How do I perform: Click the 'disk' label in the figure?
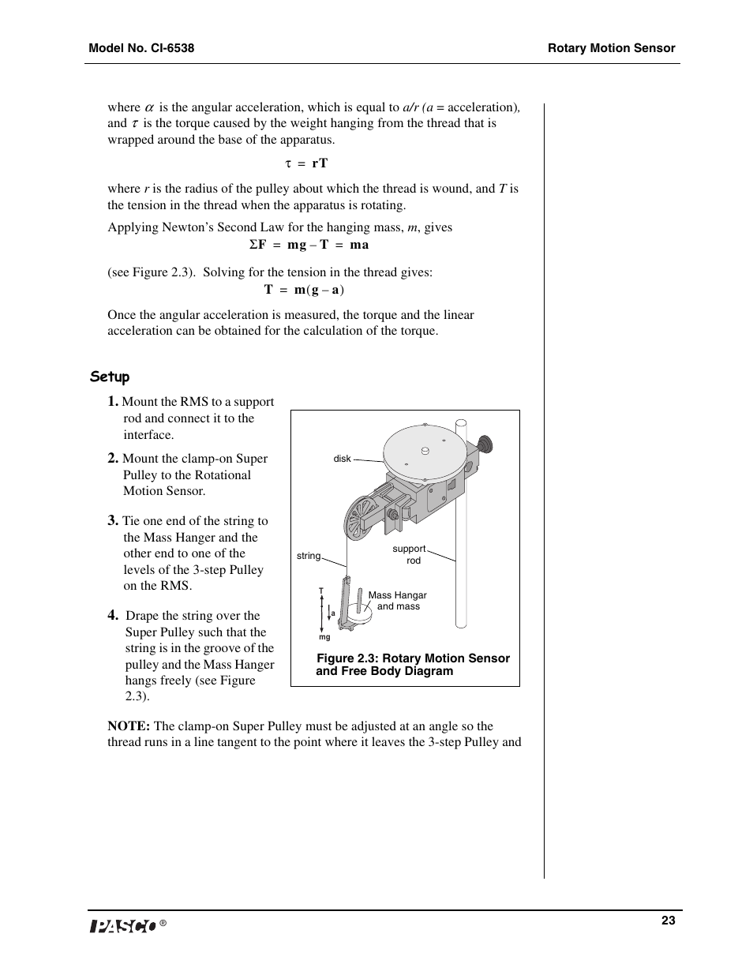pos(342,459)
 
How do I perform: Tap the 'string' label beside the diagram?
pos(309,556)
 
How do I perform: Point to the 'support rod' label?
pos(410,554)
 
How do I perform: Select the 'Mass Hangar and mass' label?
pos(398,601)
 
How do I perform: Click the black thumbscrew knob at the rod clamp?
pos(485,444)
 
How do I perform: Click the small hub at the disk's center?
pos(425,451)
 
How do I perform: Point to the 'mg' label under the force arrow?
pos(324,637)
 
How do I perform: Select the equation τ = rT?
pos(306,163)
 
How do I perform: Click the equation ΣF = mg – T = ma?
pos(309,245)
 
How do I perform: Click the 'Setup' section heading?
pos(110,377)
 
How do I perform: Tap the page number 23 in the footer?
pos(668,921)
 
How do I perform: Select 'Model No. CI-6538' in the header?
pos(141,48)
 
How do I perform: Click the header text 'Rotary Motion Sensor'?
pos(612,48)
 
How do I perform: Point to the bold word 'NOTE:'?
pos(129,726)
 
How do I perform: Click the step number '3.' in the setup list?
pos(114,520)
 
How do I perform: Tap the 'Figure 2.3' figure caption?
pos(412,665)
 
